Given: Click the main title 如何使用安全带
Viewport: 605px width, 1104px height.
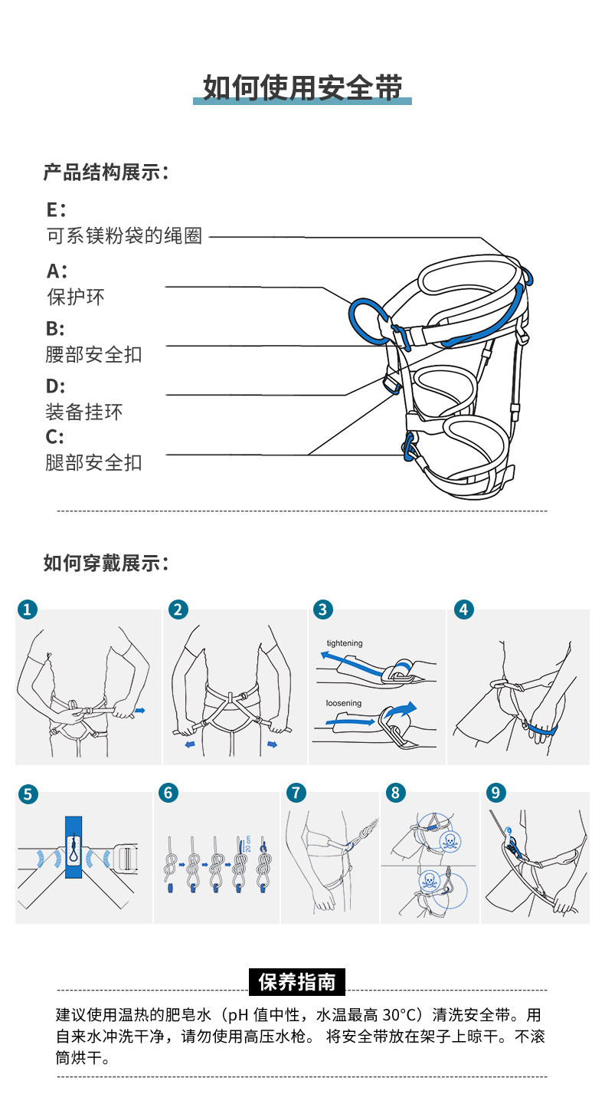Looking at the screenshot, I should [x=302, y=88].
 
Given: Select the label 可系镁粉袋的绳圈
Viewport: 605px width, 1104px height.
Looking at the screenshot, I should [x=125, y=236].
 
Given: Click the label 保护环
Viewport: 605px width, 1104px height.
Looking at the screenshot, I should [x=76, y=297].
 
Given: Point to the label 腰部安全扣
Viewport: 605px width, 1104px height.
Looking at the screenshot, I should [x=93, y=354].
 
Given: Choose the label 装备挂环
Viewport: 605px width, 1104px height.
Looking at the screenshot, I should [x=84, y=412].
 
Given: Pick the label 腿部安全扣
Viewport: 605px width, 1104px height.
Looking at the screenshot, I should [x=93, y=462].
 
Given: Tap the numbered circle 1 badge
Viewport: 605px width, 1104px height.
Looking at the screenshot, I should [x=27, y=609].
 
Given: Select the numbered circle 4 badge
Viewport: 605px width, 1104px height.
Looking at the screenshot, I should [x=463, y=609].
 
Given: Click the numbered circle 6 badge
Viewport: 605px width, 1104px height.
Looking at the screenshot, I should [x=168, y=793].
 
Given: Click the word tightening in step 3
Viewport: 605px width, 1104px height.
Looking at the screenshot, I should [x=345, y=643].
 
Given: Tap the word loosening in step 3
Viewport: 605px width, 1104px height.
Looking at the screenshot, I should [x=344, y=703].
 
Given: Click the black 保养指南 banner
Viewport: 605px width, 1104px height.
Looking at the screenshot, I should [x=297, y=981].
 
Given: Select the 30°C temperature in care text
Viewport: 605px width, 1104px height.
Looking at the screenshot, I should [x=400, y=1015].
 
